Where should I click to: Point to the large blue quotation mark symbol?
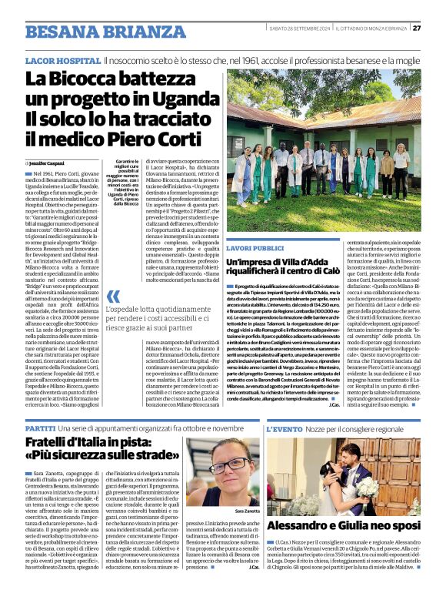(115, 297)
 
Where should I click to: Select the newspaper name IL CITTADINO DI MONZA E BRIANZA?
(371, 28)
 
